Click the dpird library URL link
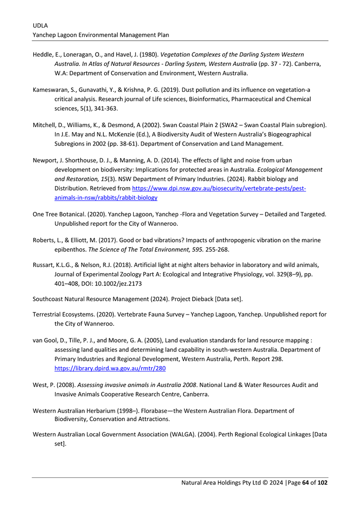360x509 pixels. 110,368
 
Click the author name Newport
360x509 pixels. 45,160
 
